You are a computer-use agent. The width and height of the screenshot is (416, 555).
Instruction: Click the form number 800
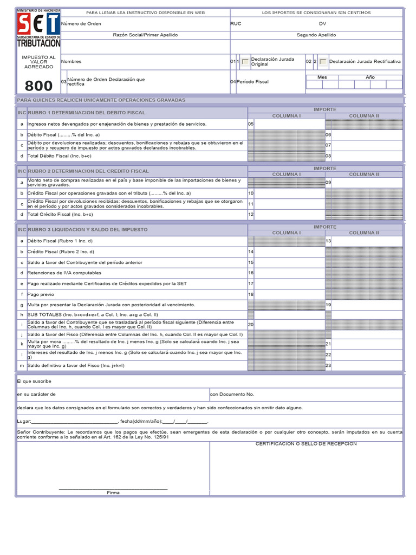click(x=38, y=86)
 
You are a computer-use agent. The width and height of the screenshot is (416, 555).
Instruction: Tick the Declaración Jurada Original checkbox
click(x=245, y=62)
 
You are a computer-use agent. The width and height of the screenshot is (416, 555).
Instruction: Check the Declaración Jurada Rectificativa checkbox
click(x=323, y=62)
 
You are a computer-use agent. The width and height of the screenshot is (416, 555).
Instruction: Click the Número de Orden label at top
click(x=81, y=24)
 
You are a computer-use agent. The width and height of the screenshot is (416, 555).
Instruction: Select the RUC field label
click(x=236, y=24)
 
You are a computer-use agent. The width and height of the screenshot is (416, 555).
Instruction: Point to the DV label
click(x=322, y=24)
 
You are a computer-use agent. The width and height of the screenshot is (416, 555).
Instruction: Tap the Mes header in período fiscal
click(x=322, y=77)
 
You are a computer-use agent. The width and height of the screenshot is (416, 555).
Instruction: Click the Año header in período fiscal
click(x=370, y=77)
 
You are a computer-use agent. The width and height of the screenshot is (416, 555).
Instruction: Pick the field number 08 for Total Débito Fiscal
click(x=328, y=156)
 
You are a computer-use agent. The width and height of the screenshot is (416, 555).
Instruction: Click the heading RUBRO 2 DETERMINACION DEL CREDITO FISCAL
click(x=88, y=171)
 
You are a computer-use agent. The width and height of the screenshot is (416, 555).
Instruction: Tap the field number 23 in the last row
click(x=328, y=366)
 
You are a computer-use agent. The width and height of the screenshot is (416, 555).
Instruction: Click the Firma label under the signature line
click(x=113, y=493)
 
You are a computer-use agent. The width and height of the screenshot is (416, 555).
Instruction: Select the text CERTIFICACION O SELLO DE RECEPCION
click(x=306, y=444)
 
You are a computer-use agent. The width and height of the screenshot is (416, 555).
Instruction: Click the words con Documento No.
click(x=232, y=395)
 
